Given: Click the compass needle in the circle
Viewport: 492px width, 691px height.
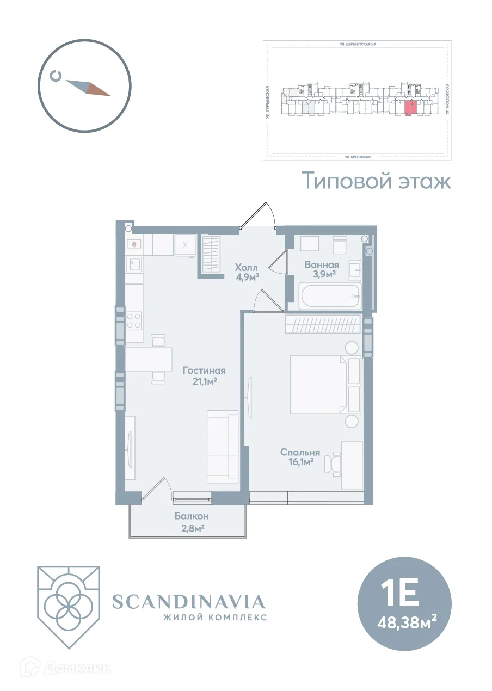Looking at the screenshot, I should pos(88,88).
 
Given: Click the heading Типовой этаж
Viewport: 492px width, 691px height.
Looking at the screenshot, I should pos(376,181).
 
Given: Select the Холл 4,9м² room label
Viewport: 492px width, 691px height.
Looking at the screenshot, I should pos(246,272).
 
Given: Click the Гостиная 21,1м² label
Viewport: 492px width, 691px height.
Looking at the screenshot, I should pos(204,376).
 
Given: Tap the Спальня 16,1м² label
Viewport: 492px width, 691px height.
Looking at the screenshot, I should pos(299,457).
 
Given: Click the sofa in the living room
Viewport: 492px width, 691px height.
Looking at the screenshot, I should pos(223,447).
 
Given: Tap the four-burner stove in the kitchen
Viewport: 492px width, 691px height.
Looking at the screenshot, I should pos(134,320).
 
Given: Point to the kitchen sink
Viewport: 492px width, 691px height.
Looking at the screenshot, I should pos(134,264).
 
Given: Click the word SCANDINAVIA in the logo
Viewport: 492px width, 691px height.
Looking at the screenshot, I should pos(189,601).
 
